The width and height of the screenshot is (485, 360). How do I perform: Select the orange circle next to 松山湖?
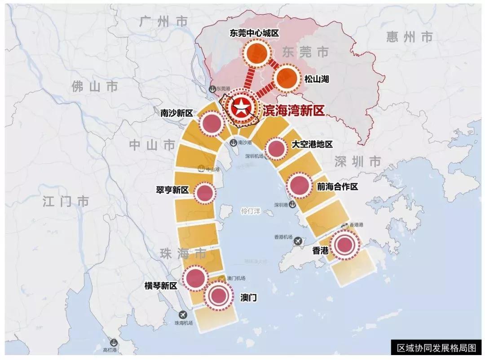287,79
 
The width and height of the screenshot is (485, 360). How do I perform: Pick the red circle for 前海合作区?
300,185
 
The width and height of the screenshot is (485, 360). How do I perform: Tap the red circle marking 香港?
345,245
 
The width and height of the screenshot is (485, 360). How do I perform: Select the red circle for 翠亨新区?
204,193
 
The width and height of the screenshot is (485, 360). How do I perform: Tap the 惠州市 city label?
410,37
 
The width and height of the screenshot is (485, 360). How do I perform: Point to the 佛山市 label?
95,86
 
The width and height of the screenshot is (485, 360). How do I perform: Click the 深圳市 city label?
358,161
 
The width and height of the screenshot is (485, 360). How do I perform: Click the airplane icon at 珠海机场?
183,315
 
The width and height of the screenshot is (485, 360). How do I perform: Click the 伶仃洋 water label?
251,211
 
